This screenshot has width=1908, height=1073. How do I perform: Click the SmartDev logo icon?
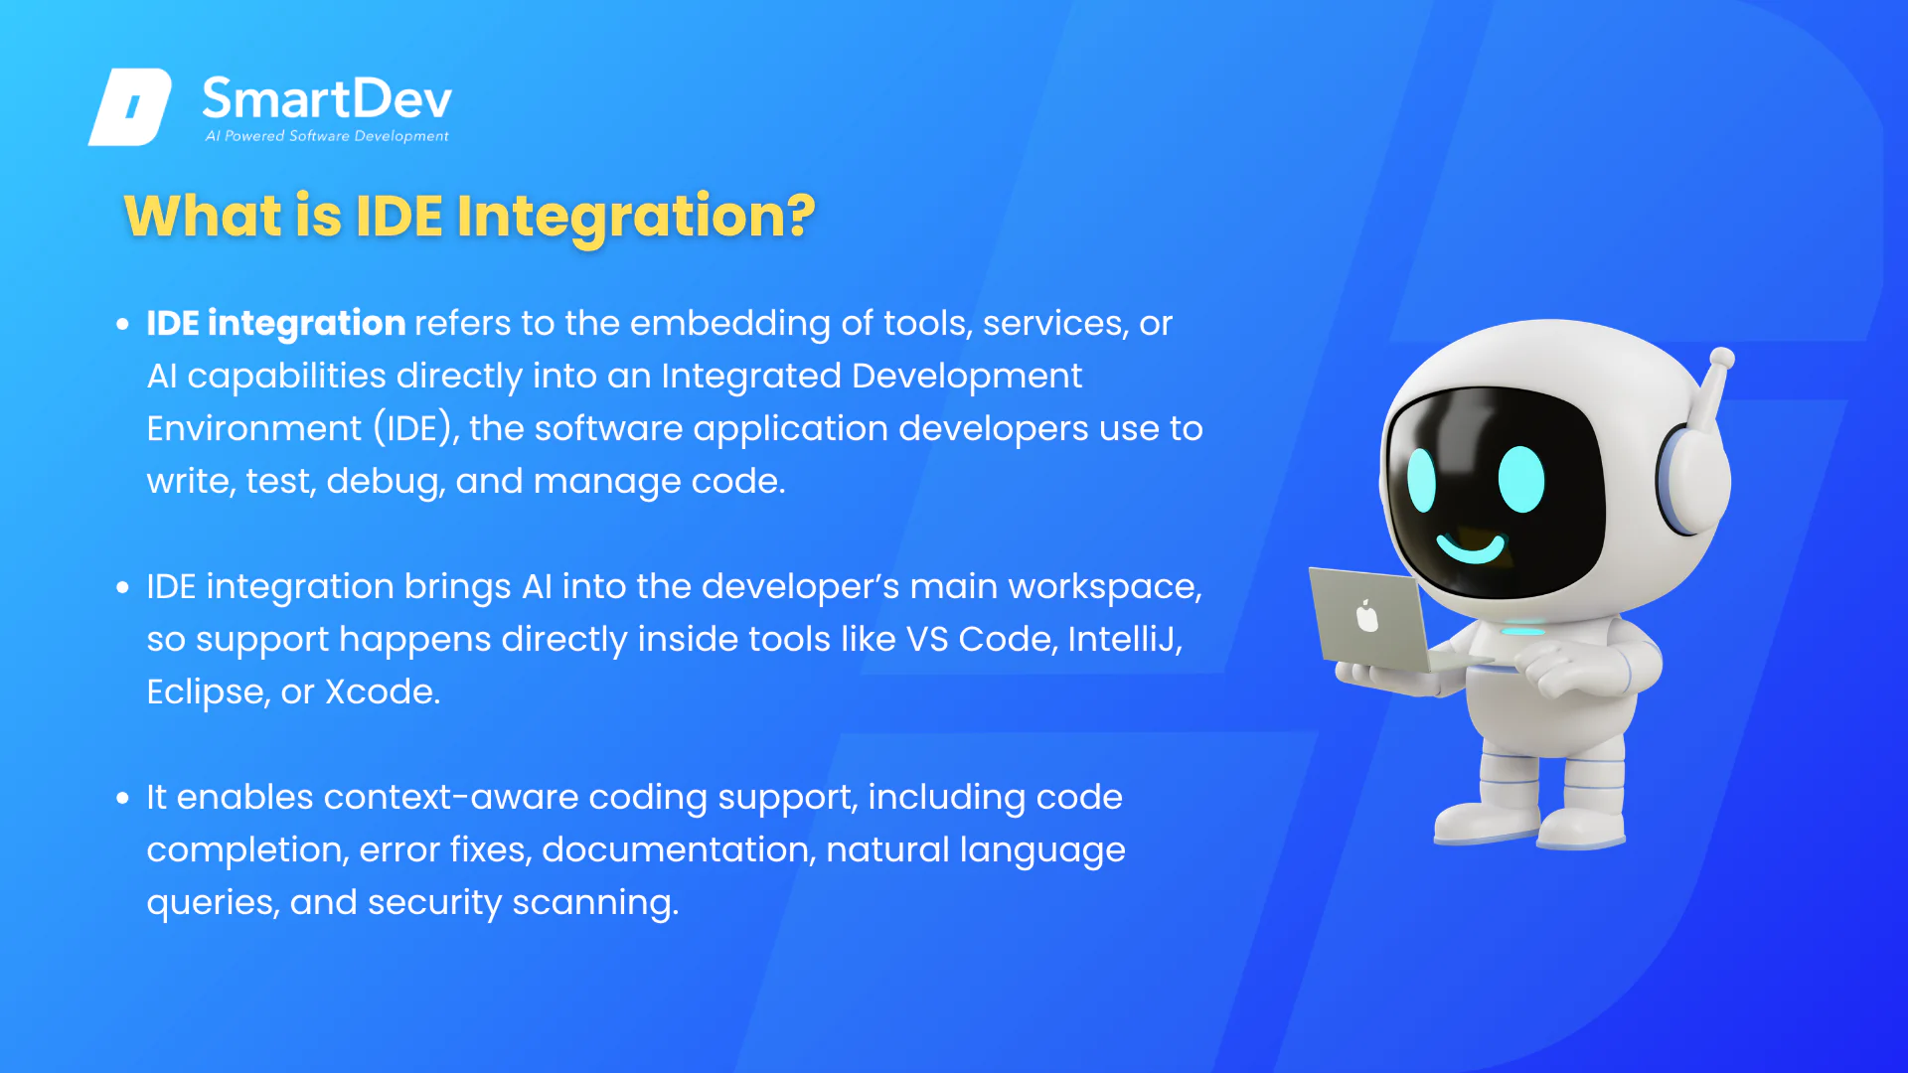click(130, 106)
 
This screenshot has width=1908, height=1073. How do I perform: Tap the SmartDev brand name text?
click(327, 98)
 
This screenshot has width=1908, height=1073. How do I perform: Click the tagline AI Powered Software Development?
click(327, 136)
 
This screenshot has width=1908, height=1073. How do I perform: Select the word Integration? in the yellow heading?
click(636, 217)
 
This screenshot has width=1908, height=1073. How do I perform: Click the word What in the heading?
click(203, 216)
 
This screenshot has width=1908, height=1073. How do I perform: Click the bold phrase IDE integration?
click(275, 324)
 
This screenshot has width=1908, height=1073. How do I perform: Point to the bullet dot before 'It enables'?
click(122, 798)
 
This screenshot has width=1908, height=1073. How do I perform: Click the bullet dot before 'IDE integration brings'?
click(122, 587)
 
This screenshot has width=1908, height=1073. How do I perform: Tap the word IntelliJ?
click(1125, 640)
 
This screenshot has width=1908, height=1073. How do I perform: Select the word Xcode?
click(383, 691)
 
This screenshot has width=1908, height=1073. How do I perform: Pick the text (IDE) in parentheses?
click(416, 429)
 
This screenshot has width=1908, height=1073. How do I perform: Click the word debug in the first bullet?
click(386, 482)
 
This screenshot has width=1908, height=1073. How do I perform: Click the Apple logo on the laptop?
click(1367, 616)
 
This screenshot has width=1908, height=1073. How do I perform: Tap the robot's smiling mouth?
click(1471, 547)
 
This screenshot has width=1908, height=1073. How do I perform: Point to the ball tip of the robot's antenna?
click(1722, 359)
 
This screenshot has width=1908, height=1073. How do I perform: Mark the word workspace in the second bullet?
click(1105, 587)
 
